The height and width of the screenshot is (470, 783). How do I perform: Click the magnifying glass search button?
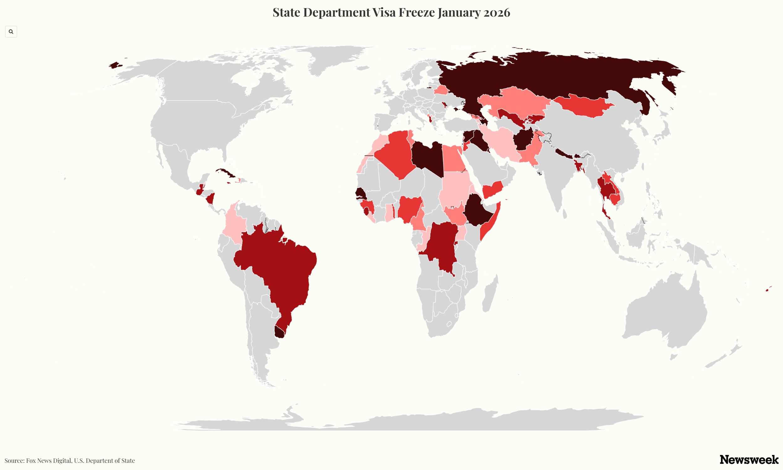(11, 32)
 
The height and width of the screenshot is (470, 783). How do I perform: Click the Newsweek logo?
(749, 459)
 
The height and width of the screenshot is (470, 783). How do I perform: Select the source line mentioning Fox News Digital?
(70, 461)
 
